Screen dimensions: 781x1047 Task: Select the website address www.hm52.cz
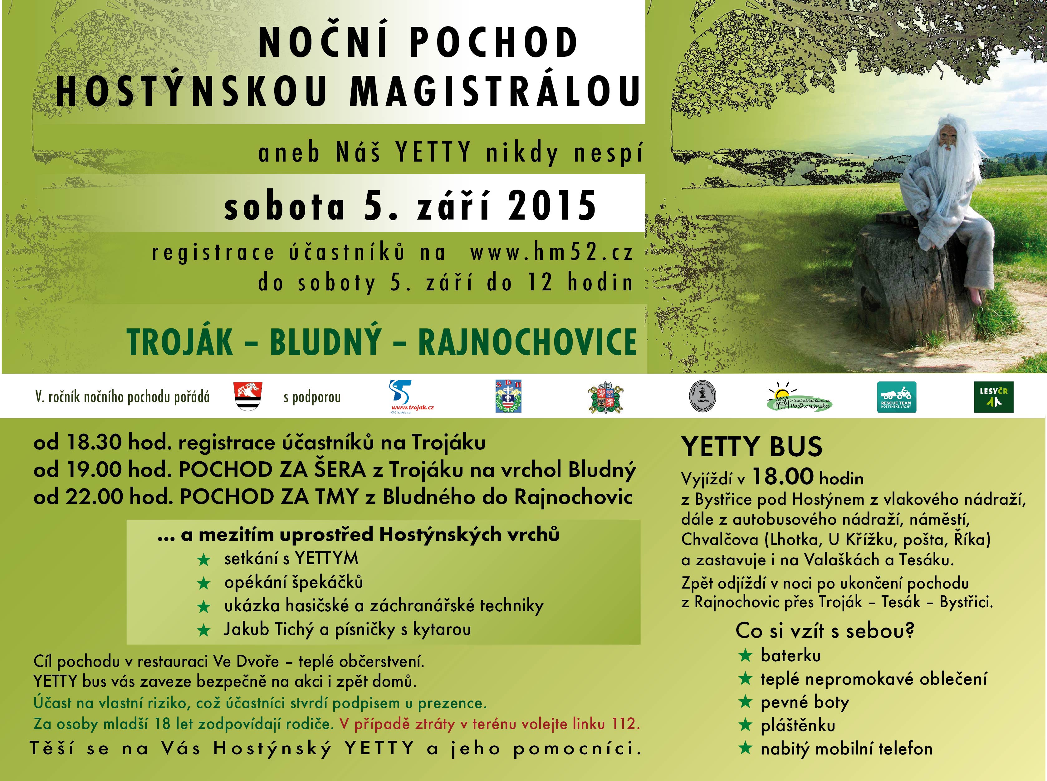[x=551, y=253]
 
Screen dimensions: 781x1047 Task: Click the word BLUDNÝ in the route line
[x=325, y=342]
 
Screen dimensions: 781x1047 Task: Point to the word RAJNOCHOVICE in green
[x=527, y=342]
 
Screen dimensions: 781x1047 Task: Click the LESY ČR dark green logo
[x=994, y=397]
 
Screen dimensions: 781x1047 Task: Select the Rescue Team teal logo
[x=896, y=397]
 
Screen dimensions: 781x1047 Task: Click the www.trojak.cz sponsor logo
[x=404, y=397]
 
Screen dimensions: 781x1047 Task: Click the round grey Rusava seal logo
[x=702, y=396]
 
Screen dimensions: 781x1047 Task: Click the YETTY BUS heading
[x=751, y=447]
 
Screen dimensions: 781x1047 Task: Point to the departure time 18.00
[x=783, y=477]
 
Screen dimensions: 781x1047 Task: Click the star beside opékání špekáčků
[x=204, y=583]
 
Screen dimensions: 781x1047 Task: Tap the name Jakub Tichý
[x=269, y=629]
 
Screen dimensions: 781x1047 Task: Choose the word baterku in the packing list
[x=791, y=656]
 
